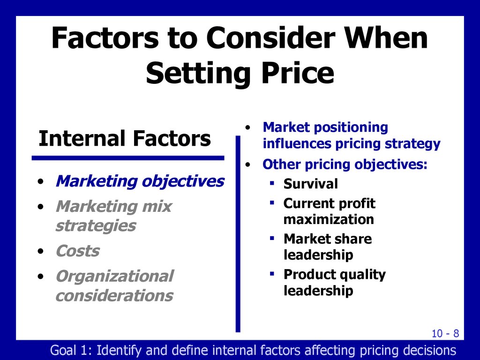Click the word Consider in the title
pos(270,38)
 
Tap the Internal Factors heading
pos(125,138)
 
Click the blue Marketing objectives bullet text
pos(140,181)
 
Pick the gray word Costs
pos(78,251)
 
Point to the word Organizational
pos(115,276)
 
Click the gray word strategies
pos(96,226)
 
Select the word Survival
pos(311,184)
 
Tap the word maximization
pos(329,219)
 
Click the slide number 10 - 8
pos(445,333)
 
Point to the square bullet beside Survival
pos(272,183)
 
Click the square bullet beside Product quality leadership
pos(272,273)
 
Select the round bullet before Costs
pos(41,252)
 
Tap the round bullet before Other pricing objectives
pos(248,165)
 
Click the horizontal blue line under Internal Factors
pos(128,158)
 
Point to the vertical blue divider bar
pos(238,234)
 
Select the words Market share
pos(328,239)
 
